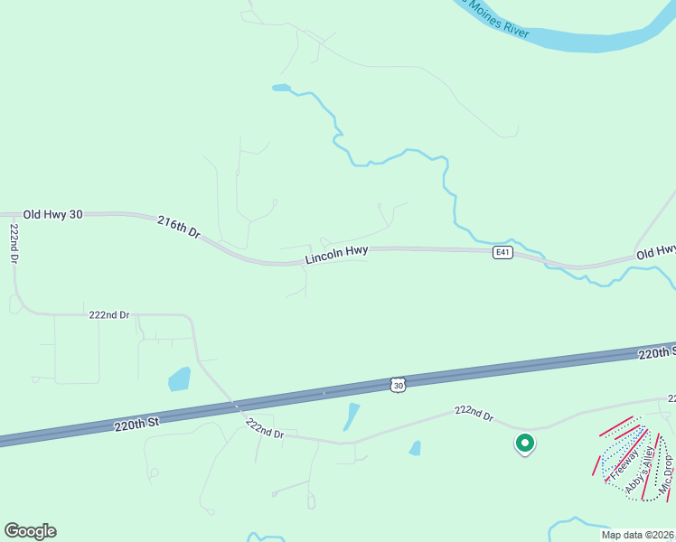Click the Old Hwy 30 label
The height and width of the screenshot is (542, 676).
52,214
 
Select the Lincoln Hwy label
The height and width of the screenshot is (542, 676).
336,257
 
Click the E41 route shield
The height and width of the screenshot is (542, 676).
503,253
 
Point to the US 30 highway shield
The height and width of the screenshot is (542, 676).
399,385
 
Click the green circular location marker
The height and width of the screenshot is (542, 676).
523,444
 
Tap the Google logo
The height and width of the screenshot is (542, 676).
30,531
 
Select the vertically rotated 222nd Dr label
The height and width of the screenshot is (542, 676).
14,243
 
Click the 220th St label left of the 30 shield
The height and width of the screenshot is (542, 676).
136,422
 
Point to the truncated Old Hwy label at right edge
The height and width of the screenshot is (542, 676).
656,251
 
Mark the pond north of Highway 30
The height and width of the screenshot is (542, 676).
179,379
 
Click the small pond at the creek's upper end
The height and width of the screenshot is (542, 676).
281,89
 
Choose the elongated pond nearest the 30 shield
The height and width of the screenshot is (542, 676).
351,416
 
